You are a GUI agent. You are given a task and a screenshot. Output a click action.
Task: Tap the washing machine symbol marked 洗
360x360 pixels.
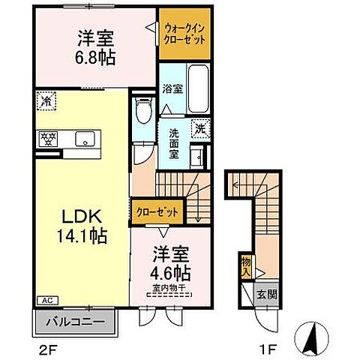pos(199,128)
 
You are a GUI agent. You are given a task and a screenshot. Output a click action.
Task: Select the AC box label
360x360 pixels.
pos(44,301)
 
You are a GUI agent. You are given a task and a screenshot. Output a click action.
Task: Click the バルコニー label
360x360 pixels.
pos(76,322)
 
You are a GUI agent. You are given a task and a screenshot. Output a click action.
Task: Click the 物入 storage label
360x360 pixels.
pos(245,266)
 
